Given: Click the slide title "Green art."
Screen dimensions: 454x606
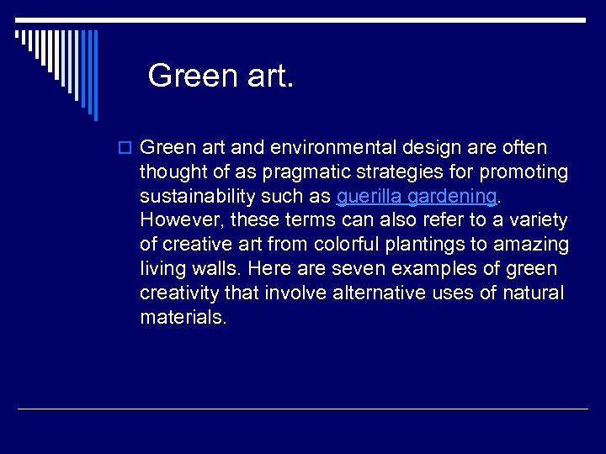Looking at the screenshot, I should coord(221,76).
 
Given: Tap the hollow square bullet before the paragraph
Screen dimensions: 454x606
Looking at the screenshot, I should coord(127,148).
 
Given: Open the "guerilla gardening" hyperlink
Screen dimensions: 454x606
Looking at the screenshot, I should coord(416,197).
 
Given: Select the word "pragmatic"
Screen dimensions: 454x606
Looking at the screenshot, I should coord(301,172).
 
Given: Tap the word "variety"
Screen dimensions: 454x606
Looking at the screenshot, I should coord(538,221).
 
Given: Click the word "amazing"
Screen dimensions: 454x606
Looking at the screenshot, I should coord(534,245).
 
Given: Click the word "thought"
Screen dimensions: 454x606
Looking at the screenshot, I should coord(173,172).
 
